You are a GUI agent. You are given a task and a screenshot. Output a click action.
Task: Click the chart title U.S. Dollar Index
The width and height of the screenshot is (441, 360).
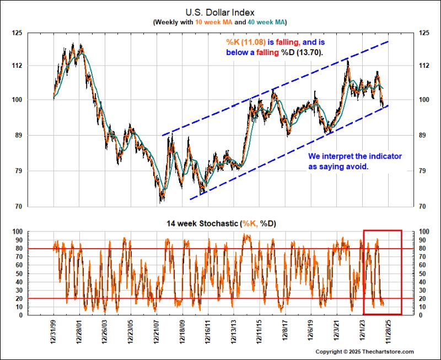click(219, 11)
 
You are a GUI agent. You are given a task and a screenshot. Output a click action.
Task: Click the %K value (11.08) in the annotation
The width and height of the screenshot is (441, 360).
click(255, 41)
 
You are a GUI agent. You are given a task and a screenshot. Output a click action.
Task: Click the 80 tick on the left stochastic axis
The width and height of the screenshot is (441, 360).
click(17, 249)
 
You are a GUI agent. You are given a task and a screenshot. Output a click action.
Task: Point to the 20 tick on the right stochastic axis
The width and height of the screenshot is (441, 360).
click(423, 299)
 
